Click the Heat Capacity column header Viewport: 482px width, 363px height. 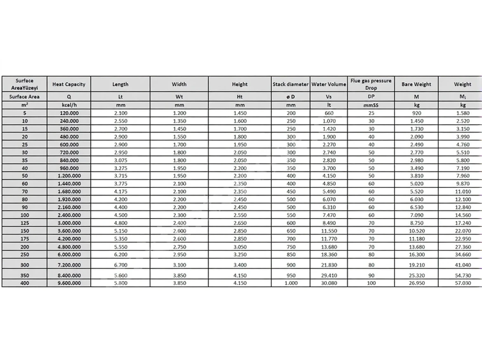click(x=69, y=84)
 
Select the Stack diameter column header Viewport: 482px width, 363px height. click(x=291, y=84)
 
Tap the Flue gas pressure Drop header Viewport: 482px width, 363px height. click(x=371, y=84)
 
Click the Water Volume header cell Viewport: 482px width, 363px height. click(x=328, y=84)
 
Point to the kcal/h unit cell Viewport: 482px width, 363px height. click(x=69, y=105)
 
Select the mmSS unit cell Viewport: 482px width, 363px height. click(x=371, y=105)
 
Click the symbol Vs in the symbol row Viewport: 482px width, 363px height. click(x=328, y=97)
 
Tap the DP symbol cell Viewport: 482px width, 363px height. click(x=371, y=97)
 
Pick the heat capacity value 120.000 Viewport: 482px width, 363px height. click(x=69, y=113)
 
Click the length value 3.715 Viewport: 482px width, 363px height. click(x=120, y=176)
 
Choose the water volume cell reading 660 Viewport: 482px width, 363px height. click(x=328, y=113)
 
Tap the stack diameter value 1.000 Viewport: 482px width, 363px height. click(x=291, y=283)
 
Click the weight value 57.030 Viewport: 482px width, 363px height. click(x=462, y=283)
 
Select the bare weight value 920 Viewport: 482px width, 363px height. click(x=416, y=113)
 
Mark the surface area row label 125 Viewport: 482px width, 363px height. click(x=24, y=223)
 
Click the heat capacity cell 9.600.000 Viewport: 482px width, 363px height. click(x=69, y=283)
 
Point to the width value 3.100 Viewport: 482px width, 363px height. click(x=179, y=265)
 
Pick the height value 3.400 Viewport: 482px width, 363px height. click(x=239, y=265)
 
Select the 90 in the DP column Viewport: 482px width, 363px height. click(x=371, y=276)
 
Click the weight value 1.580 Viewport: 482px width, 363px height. click(x=462, y=113)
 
